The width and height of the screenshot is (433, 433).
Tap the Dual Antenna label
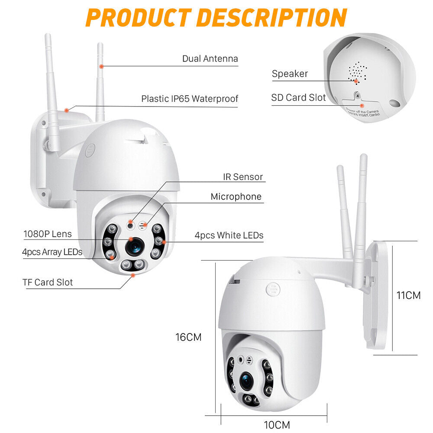pos(210,58)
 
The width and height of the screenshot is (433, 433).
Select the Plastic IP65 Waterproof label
pos(190,99)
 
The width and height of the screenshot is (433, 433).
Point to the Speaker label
pos(290,74)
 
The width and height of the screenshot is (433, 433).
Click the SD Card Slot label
pos(298,97)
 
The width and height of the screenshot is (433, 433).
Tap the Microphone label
pos(236,197)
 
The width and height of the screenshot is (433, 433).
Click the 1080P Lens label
pos(48,234)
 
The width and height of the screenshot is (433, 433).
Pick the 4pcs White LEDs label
pos(229,236)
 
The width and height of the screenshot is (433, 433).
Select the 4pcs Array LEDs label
pos(52,252)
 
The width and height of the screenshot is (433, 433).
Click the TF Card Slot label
pos(48,282)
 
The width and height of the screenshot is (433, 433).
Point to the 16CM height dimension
pos(188,337)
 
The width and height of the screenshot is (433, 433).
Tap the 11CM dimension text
pos(409,296)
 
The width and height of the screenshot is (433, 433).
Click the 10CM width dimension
pos(277,424)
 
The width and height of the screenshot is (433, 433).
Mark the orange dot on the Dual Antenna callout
pos(101,66)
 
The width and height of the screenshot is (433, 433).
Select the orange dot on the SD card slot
pos(362,104)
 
